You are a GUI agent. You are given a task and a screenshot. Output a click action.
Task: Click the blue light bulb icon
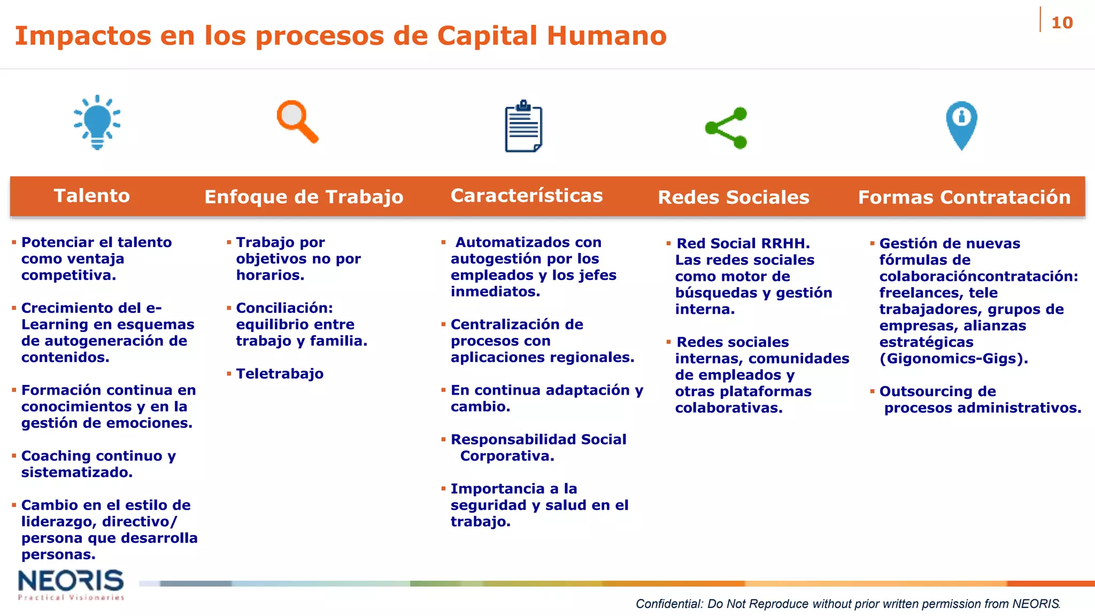(97, 122)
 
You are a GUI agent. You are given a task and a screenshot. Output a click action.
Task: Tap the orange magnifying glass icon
(297, 122)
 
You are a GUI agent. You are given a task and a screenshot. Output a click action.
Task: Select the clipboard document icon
(523, 127)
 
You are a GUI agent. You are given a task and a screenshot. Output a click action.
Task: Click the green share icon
(726, 128)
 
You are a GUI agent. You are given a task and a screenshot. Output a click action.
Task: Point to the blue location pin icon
(961, 125)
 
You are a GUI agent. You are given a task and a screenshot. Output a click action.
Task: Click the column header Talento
(92, 196)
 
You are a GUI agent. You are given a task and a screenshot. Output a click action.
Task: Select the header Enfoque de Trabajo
(304, 197)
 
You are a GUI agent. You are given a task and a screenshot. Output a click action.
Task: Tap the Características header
(527, 196)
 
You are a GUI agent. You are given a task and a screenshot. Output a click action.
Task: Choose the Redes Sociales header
(733, 197)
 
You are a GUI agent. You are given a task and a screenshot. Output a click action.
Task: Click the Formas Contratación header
(964, 197)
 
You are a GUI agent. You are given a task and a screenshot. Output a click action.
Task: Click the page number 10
(1061, 23)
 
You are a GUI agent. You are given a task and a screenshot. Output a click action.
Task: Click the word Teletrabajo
(280, 374)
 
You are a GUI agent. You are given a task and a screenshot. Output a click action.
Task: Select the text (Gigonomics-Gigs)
(953, 358)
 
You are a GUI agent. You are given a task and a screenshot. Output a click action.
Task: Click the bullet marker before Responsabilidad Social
(443, 440)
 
